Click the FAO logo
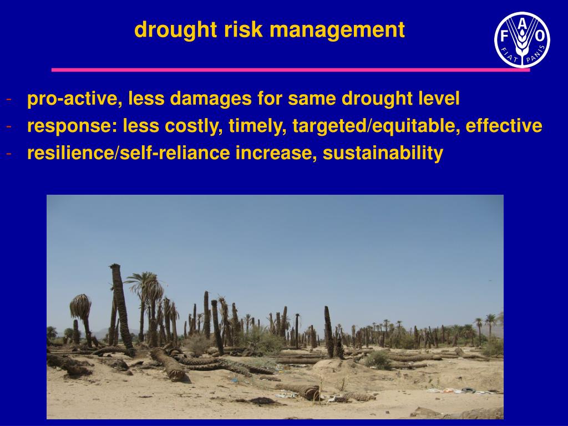tap(522, 40)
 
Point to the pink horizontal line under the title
tap(291, 70)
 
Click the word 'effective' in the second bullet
tap(504, 126)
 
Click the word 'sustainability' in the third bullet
tap(383, 153)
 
